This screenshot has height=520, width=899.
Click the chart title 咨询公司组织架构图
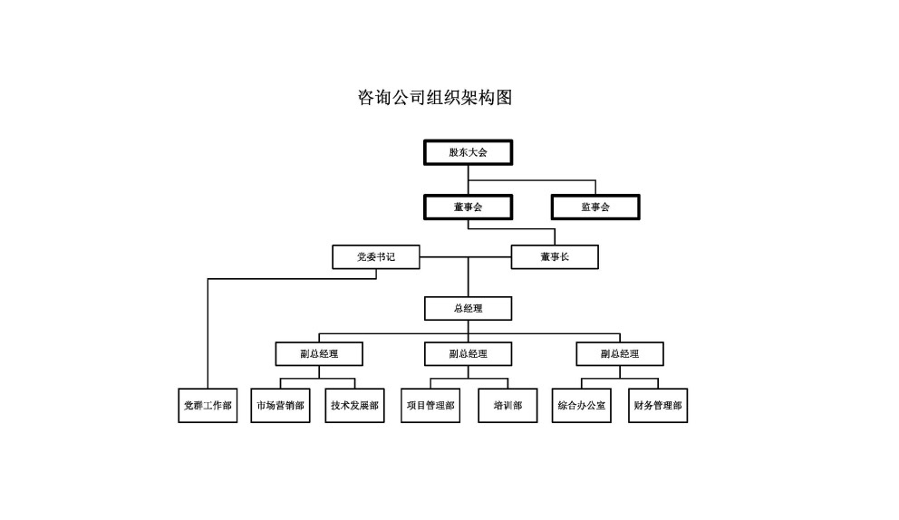click(x=435, y=98)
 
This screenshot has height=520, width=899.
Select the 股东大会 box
click(x=468, y=152)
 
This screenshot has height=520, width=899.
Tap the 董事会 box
click(x=468, y=207)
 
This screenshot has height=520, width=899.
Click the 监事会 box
click(x=595, y=207)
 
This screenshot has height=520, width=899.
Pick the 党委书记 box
click(x=376, y=257)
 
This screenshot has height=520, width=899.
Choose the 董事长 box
click(x=555, y=257)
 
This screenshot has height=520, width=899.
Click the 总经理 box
click(x=468, y=308)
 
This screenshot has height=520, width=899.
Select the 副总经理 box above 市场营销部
click(x=319, y=353)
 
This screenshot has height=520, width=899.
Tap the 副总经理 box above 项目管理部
click(x=468, y=353)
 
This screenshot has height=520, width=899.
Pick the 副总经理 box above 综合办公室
click(x=620, y=353)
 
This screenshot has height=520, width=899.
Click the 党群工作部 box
click(x=208, y=405)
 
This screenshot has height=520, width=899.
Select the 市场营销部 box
click(x=280, y=405)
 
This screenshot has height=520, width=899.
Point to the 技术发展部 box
click(x=355, y=405)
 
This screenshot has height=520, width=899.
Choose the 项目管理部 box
click(x=430, y=405)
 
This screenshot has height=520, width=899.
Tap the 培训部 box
click(x=507, y=405)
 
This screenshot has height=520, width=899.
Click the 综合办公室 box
click(x=582, y=405)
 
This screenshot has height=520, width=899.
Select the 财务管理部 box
click(x=658, y=405)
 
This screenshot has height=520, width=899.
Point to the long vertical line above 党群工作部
click(x=208, y=333)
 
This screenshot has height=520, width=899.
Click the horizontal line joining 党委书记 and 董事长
click(x=466, y=257)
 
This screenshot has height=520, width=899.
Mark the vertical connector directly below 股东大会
click(x=468, y=180)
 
